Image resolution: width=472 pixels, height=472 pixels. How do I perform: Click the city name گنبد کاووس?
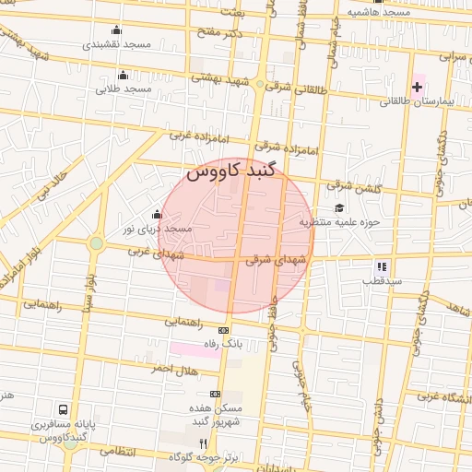pos(230,171)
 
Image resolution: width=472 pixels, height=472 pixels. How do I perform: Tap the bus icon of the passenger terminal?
pos(63,408)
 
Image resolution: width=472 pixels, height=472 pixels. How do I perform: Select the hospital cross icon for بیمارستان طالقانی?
pos(417,87)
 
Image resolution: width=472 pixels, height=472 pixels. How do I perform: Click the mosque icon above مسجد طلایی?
pos(124,75)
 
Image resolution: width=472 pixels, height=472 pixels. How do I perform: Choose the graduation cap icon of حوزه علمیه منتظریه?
pos(339,207)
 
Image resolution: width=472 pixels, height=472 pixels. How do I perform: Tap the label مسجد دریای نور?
pos(159,228)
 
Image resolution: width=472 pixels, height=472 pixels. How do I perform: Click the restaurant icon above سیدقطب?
pos(382,266)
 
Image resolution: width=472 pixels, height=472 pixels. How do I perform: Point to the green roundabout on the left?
pos(96,243)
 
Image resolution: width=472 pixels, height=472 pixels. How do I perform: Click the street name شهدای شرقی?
pos(272,260)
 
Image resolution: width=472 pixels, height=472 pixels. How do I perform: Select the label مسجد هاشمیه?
pos(379,12)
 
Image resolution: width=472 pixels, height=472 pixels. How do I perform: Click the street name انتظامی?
pos(117,451)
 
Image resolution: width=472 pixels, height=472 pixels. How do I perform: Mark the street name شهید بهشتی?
pos(220,80)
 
